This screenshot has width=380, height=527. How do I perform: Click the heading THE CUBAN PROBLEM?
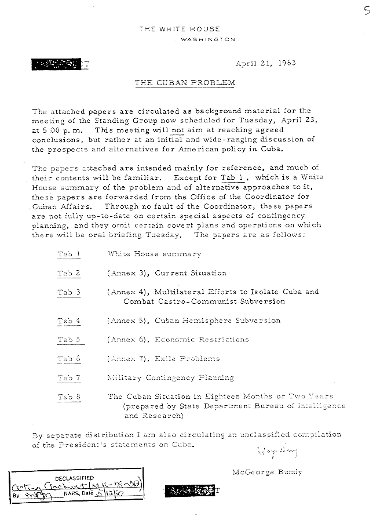(x=185, y=83)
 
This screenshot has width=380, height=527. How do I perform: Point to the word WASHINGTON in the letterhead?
(x=208, y=39)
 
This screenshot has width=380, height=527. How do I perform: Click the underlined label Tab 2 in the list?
(x=69, y=272)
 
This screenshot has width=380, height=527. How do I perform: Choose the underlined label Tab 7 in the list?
(x=69, y=378)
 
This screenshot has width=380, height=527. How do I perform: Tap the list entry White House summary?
(x=154, y=254)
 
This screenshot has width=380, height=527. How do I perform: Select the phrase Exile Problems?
(x=187, y=359)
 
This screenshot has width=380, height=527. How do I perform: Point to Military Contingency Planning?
(x=170, y=377)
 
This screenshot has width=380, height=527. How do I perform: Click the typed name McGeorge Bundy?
(x=266, y=472)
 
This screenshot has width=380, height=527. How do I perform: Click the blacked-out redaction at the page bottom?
(x=189, y=490)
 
